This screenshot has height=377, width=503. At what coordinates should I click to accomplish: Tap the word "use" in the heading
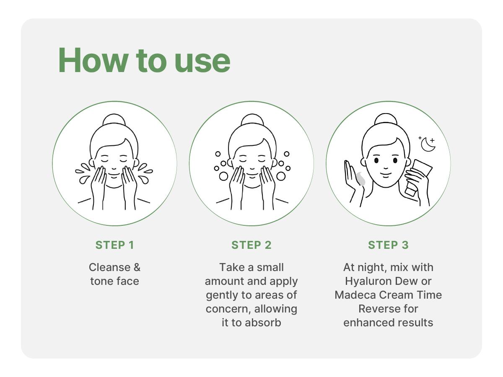[x=202, y=63]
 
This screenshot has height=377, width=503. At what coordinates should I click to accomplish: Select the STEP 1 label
[x=115, y=245]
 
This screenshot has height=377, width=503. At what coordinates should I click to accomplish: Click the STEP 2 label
[x=251, y=245]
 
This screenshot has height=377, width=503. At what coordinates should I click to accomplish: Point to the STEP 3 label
[x=388, y=245]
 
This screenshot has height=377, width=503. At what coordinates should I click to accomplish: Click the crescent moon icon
[x=428, y=145]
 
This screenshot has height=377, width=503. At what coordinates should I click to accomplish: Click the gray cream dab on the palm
[x=361, y=178]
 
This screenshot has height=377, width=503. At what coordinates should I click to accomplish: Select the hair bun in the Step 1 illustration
[x=114, y=119]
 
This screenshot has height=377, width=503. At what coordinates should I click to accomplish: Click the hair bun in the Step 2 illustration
[x=252, y=119]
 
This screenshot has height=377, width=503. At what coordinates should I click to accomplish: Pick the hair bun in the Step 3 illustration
[x=386, y=119]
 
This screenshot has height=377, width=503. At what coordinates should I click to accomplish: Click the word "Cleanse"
[x=106, y=267]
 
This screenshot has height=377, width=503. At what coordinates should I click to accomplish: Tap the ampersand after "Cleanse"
[x=137, y=267]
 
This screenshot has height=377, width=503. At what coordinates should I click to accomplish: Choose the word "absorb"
[x=263, y=323]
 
